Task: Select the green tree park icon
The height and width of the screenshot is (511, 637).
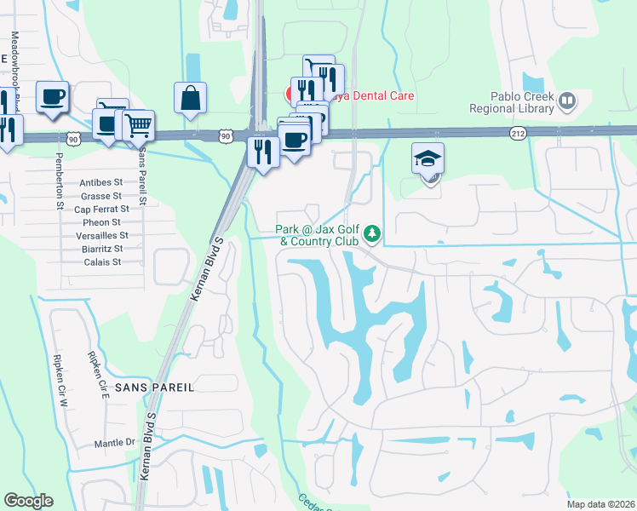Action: point(371,233)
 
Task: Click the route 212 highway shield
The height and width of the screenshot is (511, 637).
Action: point(518,134)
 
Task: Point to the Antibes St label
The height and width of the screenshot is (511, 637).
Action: point(101,182)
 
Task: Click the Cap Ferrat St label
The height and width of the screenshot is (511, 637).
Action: point(101,209)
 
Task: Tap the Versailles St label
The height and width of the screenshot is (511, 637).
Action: point(100,235)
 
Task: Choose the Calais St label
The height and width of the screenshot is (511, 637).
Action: point(102,261)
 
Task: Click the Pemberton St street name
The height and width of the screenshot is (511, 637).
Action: point(60,181)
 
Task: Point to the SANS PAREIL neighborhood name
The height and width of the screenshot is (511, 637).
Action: point(155,387)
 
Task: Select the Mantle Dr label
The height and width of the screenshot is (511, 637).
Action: point(114,443)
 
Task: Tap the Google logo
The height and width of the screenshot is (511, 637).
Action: point(28,501)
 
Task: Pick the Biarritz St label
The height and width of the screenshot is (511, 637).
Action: point(101,249)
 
